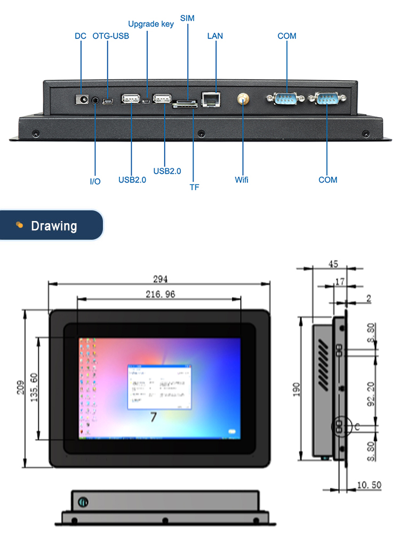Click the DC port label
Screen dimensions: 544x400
click(x=80, y=36)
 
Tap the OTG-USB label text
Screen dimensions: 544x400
click(x=110, y=36)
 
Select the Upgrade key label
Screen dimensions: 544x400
click(x=151, y=24)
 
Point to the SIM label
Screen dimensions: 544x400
click(x=187, y=18)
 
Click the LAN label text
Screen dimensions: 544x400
click(x=215, y=36)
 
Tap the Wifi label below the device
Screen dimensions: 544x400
click(x=242, y=180)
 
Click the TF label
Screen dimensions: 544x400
click(x=194, y=187)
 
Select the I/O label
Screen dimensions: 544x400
click(x=95, y=182)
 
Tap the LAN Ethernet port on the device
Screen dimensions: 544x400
click(x=212, y=100)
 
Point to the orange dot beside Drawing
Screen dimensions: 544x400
click(x=20, y=225)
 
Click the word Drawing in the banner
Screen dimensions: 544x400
click(x=54, y=226)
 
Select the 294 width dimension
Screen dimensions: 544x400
click(x=161, y=279)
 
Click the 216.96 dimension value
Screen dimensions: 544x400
click(x=160, y=294)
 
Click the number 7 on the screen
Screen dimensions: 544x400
click(x=153, y=417)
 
